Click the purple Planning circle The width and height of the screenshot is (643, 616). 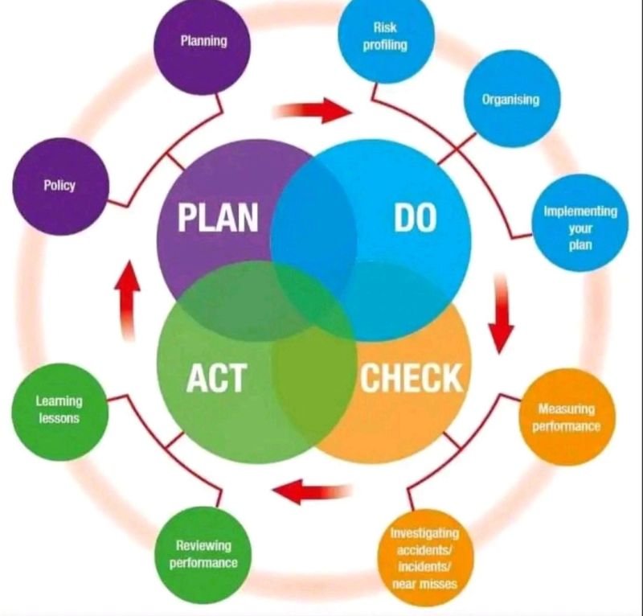[x=202, y=47]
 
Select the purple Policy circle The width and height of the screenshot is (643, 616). [x=61, y=187]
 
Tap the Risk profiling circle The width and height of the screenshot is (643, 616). [x=386, y=37]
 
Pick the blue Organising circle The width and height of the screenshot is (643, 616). [x=512, y=99]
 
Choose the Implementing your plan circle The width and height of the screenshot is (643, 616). [x=580, y=224]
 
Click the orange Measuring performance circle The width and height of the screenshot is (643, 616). [x=567, y=417]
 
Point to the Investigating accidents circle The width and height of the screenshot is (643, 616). [x=425, y=557]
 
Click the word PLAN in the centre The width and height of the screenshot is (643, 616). [x=218, y=217]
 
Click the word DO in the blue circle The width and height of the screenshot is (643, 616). [x=415, y=217]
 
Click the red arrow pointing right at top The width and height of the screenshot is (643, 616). [x=313, y=110]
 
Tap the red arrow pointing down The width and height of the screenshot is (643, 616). [x=501, y=314]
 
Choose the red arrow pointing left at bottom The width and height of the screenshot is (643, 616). [x=312, y=491]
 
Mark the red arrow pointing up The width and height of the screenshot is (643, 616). [x=128, y=301]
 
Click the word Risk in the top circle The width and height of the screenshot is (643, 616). [x=385, y=27]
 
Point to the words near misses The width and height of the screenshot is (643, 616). [x=424, y=584]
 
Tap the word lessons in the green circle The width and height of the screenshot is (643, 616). [x=59, y=418]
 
